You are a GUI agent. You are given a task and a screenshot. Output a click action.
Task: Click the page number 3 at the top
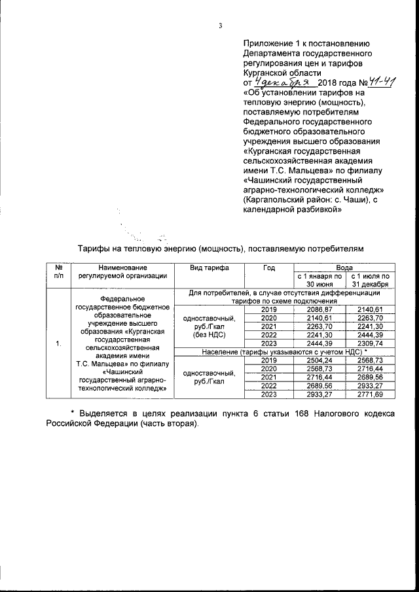coord(221,26)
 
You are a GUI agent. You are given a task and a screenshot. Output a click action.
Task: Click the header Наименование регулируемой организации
coord(119,271)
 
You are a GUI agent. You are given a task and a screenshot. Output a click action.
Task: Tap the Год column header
coord(268,268)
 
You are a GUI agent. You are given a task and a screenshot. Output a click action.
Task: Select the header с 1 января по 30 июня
coord(318,280)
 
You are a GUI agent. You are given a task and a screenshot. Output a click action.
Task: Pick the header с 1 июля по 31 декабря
coord(370,280)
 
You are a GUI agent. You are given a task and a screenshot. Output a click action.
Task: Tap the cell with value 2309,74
coord(370,343)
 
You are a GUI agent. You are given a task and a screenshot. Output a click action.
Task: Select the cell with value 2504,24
coord(318,360)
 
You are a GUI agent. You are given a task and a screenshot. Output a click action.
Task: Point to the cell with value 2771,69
coord(370,394)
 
